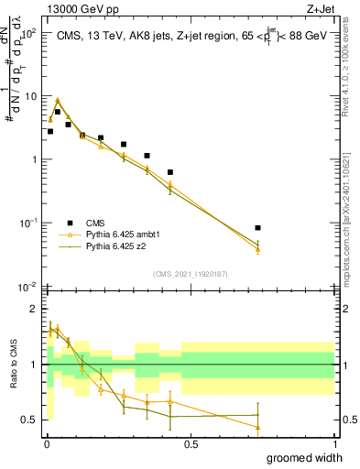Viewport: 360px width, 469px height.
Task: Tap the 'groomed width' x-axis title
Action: pyautogui.click(x=292, y=458)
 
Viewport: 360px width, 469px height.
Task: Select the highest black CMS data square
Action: pyautogui.click(x=58, y=112)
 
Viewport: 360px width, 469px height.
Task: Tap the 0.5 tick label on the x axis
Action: pyautogui.click(x=191, y=444)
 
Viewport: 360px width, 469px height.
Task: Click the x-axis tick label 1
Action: pyautogui.click(x=334, y=444)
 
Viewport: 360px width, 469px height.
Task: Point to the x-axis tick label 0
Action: pyautogui.click(x=47, y=444)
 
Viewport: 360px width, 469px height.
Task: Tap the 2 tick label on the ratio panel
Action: pyautogui.click(x=35, y=309)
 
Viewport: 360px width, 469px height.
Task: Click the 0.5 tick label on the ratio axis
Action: pyautogui.click(x=30, y=420)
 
